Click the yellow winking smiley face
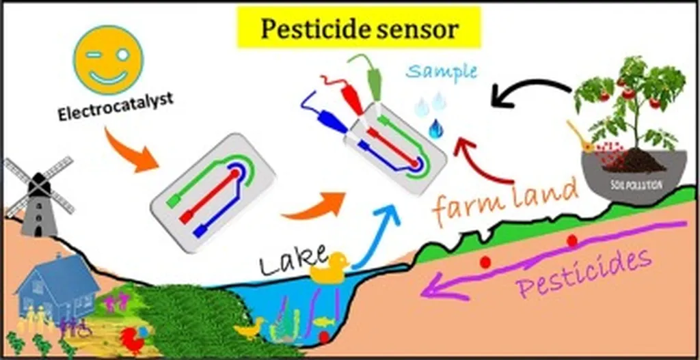tap(108, 60)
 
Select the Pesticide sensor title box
tap(359, 29)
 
